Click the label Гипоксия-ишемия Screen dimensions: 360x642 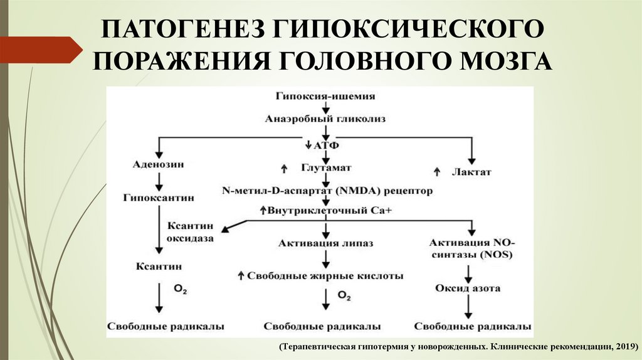[x=325, y=96]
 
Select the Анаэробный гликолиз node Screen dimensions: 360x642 [x=325, y=118]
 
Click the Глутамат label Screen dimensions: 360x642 [x=326, y=168]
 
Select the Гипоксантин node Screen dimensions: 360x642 [x=159, y=198]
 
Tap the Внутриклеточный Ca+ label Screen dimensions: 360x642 [x=325, y=211]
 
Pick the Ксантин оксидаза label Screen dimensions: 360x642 [x=191, y=231]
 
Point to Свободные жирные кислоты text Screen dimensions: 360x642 [x=325, y=275]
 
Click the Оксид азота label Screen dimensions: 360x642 [x=468, y=288]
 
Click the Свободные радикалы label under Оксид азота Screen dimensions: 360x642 [x=473, y=327]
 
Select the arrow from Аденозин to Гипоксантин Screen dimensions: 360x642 [x=159, y=181]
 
